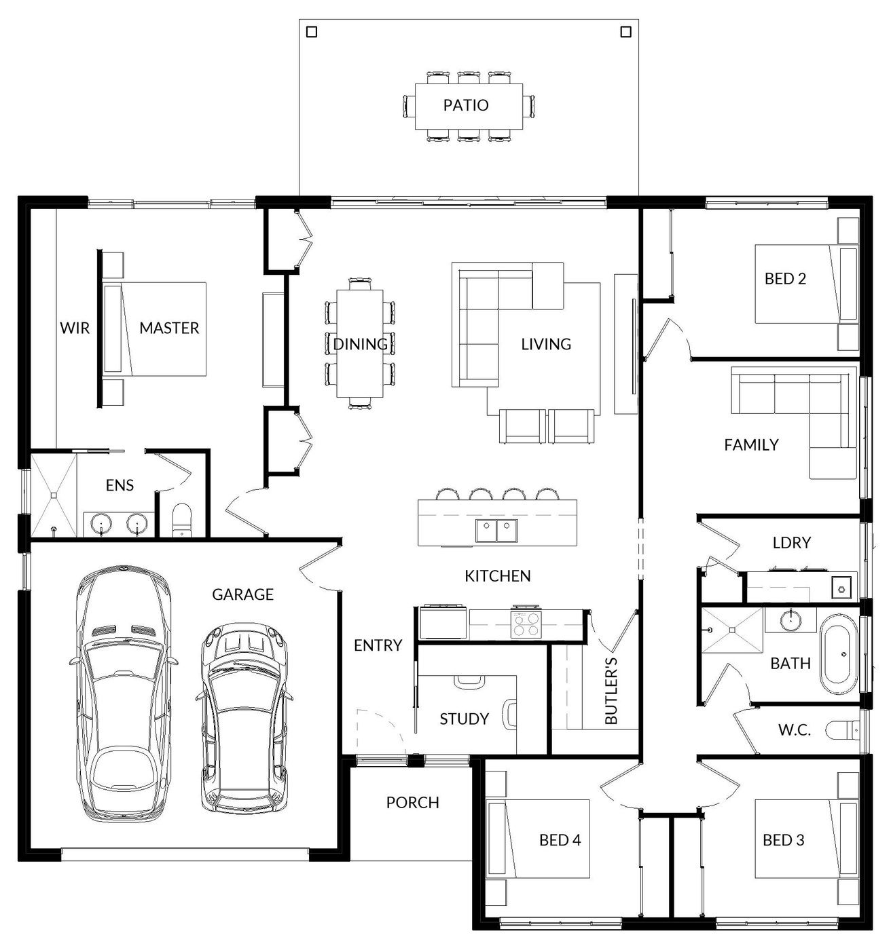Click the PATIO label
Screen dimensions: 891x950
click(465, 105)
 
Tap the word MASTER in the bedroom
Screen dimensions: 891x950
click(169, 328)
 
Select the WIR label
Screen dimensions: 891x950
click(75, 328)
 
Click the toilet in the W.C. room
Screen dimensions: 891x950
click(843, 730)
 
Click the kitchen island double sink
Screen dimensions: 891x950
click(496, 531)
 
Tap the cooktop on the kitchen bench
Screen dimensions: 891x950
click(526, 625)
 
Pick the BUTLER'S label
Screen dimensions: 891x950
click(611, 691)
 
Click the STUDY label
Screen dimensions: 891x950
click(464, 719)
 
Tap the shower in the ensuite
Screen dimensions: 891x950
click(54, 495)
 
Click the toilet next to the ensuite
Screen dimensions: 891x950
click(181, 521)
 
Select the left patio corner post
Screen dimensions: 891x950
click(311, 32)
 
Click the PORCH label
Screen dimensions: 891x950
click(412, 803)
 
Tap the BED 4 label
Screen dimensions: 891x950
click(560, 840)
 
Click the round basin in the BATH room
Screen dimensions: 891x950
click(791, 620)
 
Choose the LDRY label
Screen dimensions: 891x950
click(791, 542)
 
